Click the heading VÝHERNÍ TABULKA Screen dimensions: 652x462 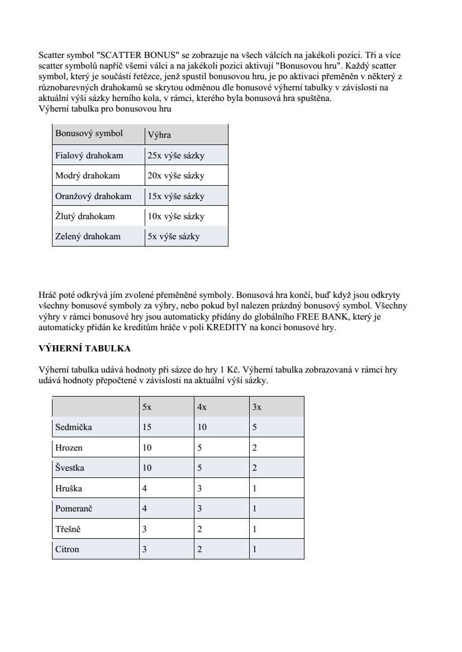pos(84,349)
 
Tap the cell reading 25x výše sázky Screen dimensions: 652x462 pos(176,156)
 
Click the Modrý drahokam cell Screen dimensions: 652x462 pos(88,176)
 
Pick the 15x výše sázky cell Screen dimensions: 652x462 pos(176,196)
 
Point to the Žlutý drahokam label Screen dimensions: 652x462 pos(85,216)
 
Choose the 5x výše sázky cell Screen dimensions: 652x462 pos(174,236)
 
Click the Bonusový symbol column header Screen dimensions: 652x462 pos(89,134)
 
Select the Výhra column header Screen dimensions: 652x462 pos(159,135)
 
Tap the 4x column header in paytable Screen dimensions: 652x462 pos(202,407)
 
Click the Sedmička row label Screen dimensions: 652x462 pos(74,427)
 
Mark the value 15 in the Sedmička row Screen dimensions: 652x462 pos(147,427)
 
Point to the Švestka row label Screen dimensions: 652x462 pos(70,468)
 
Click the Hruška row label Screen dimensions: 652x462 pos(69,489)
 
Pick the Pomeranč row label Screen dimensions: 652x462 pos(74,509)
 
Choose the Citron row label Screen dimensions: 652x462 pos(67,549)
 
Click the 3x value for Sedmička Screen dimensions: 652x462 pos(255,427)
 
